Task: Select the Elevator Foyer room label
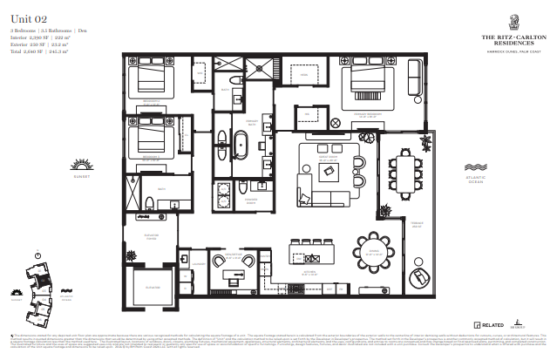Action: [x=151, y=238]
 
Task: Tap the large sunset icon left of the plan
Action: [x=82, y=166]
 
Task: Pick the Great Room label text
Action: [x=327, y=160]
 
